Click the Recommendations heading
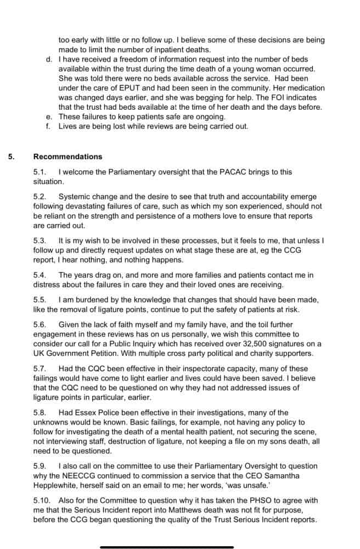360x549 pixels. pos(67,156)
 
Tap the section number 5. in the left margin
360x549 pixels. pos(12,156)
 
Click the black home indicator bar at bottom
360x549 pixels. pos(167,546)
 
